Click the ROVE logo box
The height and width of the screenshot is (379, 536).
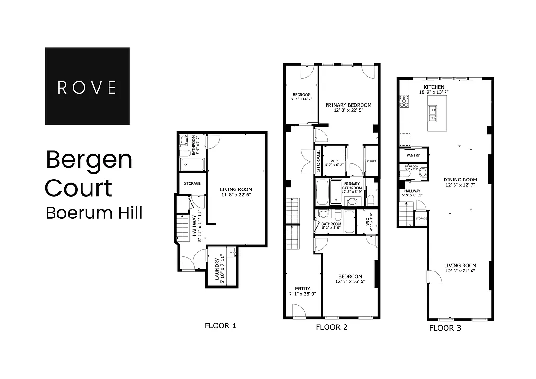87,86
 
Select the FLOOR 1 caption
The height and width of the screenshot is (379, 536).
220,325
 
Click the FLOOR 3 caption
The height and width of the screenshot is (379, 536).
445,327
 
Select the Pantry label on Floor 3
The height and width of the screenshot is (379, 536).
413,155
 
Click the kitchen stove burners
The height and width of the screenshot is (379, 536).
404,100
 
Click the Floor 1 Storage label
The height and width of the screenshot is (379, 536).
192,183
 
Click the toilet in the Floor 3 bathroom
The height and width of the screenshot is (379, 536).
423,171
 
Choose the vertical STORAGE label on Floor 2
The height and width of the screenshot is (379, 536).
318,161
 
